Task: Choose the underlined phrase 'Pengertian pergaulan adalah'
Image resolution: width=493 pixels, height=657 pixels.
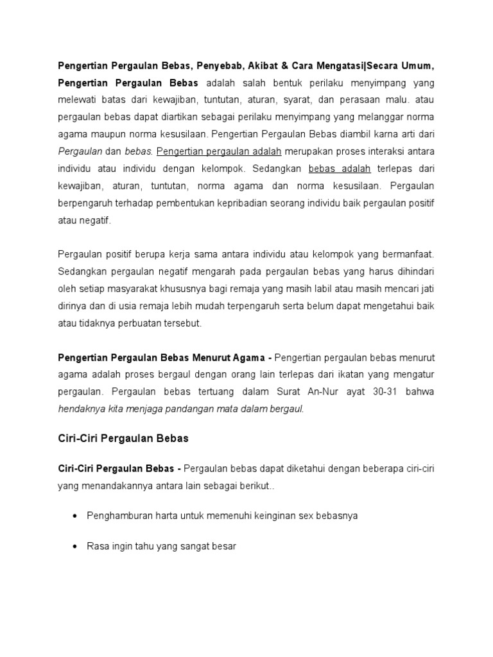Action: tap(219, 151)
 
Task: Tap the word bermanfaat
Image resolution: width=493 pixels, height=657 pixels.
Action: tap(410, 255)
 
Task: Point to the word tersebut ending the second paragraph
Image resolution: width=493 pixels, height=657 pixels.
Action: tap(182, 323)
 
